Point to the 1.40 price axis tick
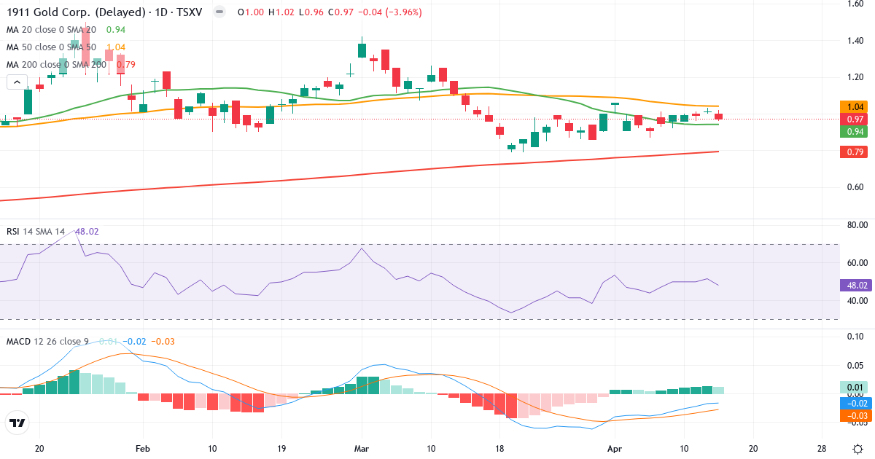coord(855,40)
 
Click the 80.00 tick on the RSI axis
coord(855,225)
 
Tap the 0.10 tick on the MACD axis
coord(855,337)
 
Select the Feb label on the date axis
coord(143,448)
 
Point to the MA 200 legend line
coord(56,64)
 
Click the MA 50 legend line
coord(51,47)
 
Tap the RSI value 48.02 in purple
coord(87,232)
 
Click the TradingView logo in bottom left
coord(17,423)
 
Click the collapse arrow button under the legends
coord(17,82)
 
